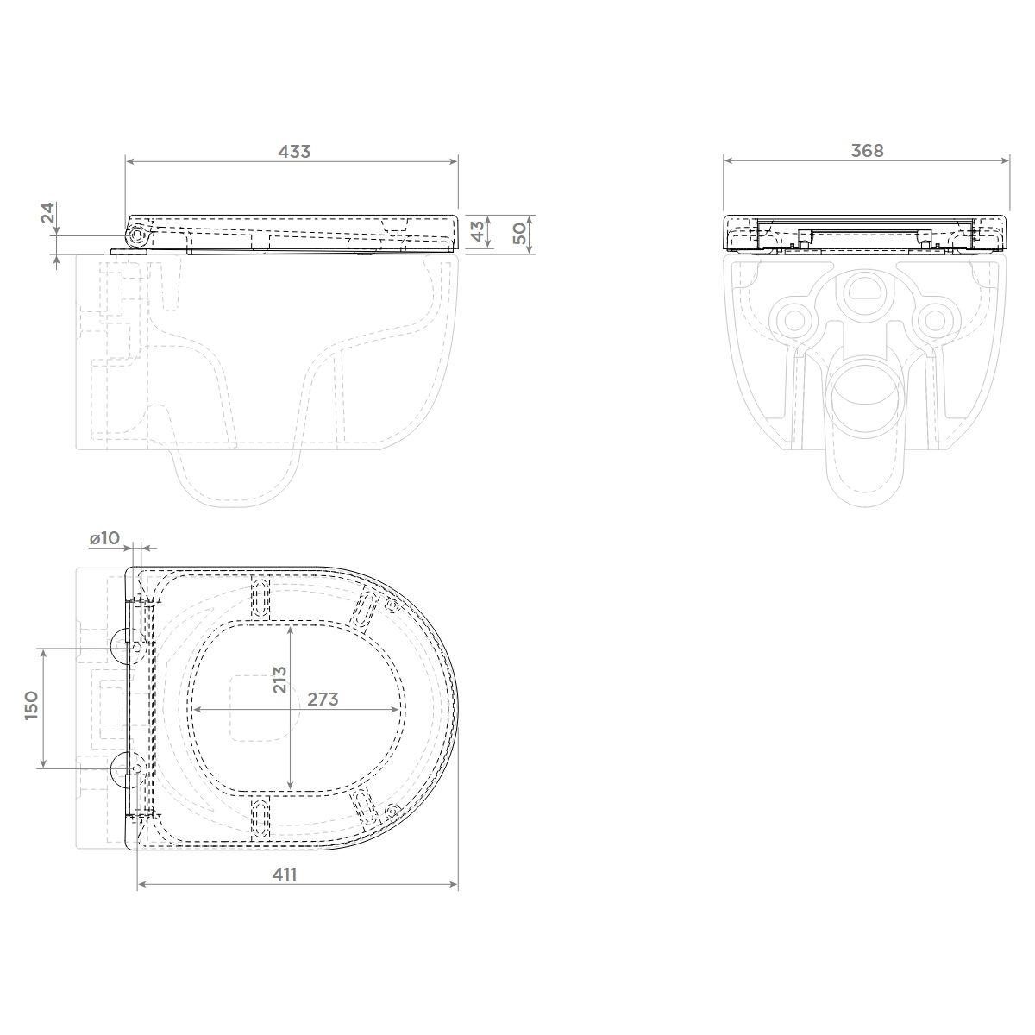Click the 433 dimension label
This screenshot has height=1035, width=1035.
(x=294, y=152)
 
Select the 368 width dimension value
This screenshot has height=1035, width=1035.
(x=868, y=151)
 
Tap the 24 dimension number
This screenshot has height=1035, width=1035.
(x=48, y=213)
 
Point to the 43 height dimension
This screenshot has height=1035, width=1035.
(x=478, y=231)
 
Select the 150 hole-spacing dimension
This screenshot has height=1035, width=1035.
(x=32, y=706)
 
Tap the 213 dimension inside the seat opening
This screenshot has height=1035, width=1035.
(x=279, y=680)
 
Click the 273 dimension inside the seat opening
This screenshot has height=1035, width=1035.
(x=323, y=699)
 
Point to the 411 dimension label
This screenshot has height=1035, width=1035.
(x=284, y=875)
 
